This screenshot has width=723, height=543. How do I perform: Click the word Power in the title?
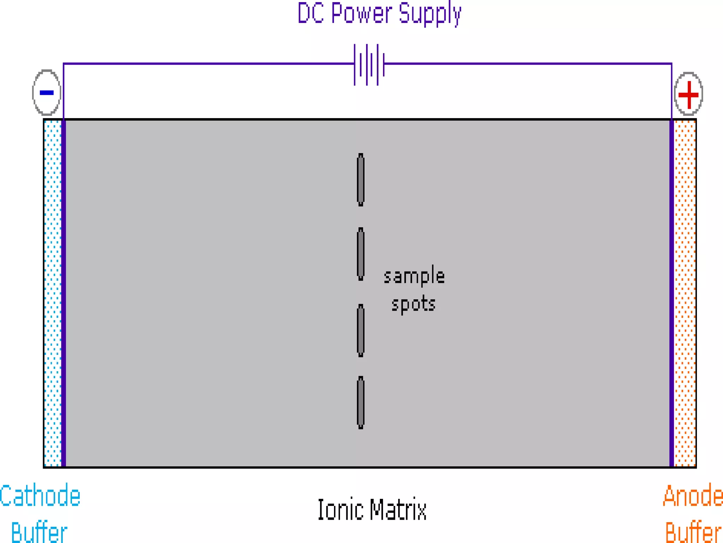[x=361, y=13]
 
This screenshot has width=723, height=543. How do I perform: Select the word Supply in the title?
[x=430, y=14]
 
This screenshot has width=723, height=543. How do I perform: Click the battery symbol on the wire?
[x=369, y=64]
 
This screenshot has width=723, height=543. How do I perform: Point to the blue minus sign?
[x=47, y=93]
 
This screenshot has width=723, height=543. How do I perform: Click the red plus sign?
[x=688, y=94]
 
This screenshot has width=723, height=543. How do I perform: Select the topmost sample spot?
[x=360, y=180]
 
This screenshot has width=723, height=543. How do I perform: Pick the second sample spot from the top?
[x=360, y=254]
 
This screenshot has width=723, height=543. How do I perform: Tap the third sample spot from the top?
[x=360, y=331]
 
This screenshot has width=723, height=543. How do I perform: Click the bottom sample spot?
[x=360, y=403]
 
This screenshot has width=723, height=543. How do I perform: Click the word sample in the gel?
[x=414, y=276]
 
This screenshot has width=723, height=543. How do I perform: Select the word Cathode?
[x=40, y=496]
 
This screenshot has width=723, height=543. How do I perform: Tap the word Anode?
[x=693, y=496]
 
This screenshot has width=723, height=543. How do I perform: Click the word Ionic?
[x=340, y=510]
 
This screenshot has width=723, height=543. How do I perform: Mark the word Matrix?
[x=398, y=510]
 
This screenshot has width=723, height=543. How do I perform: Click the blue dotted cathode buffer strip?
[x=53, y=293]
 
